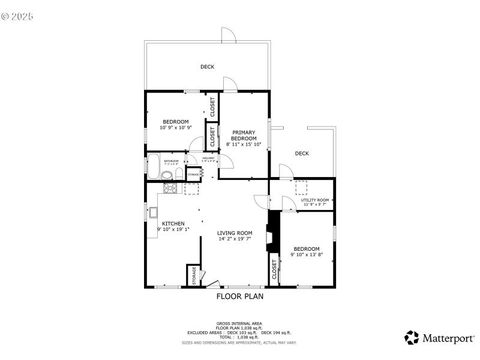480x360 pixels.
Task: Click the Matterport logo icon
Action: click(412, 337)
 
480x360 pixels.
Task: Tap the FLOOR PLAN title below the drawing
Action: click(239, 296)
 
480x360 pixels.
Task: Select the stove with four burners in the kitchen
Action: click(171, 188)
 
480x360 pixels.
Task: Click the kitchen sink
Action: click(153, 212)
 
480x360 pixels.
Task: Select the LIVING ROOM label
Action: click(235, 233)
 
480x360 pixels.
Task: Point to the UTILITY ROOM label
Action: click(315, 200)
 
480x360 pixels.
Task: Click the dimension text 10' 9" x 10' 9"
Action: click(175, 127)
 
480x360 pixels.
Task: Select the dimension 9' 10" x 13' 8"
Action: click(307, 254)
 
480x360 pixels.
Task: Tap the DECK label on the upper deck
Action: click(207, 67)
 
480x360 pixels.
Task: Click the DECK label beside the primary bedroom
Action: click(302, 154)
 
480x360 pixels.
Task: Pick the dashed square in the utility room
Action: click(301, 188)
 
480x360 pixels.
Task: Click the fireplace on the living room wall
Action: click(273, 235)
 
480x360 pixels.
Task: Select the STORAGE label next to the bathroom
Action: click(194, 175)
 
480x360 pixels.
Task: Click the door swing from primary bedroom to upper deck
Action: click(230, 85)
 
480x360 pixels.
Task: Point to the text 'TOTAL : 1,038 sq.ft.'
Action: click(239, 337)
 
